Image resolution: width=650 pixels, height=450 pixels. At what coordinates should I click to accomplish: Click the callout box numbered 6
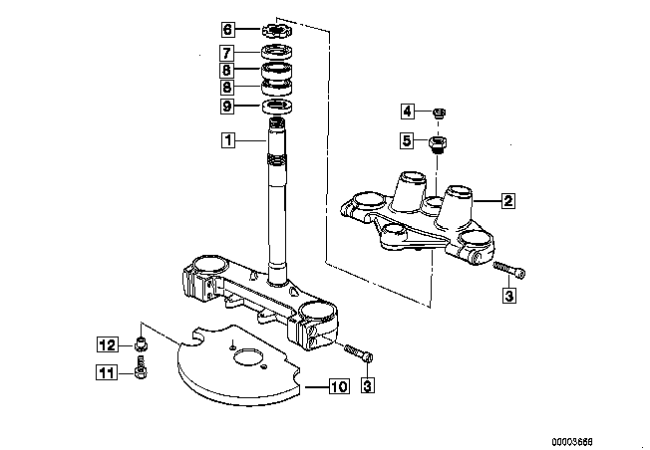coord(227,30)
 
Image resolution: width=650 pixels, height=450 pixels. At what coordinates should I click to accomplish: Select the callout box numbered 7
coord(226,53)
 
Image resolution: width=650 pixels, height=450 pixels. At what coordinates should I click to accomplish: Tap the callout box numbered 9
coord(226,106)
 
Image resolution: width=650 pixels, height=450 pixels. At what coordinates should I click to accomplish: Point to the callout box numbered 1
coord(228,140)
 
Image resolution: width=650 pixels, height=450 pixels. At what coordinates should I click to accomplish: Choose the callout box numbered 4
coord(408,111)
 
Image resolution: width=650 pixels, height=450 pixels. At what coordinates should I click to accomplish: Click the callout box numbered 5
coord(407,140)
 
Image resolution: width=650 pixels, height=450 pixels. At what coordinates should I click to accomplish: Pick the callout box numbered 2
coord(507,201)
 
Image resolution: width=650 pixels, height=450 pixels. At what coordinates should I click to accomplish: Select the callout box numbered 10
coord(339,386)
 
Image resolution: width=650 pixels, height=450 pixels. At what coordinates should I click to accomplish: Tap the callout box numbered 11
coord(107,372)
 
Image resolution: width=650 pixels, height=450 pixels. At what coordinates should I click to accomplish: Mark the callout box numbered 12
coord(108,344)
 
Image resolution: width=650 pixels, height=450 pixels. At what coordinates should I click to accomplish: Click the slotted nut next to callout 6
coord(277,30)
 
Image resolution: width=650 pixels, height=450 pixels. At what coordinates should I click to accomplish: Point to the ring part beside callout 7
coord(277,52)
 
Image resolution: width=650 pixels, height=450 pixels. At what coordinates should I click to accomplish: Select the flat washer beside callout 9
coord(278,106)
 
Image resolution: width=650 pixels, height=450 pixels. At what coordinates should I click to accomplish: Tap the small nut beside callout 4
coord(439,112)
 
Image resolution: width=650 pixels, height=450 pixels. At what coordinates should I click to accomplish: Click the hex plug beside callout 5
coord(437,143)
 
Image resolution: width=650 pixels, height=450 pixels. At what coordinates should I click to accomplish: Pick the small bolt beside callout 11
coord(141,367)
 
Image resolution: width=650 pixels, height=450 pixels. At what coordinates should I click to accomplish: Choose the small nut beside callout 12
coord(142,343)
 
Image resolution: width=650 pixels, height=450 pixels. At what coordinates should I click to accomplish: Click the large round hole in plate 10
coord(248,357)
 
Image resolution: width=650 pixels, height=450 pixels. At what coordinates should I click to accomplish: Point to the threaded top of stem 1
coord(277,122)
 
